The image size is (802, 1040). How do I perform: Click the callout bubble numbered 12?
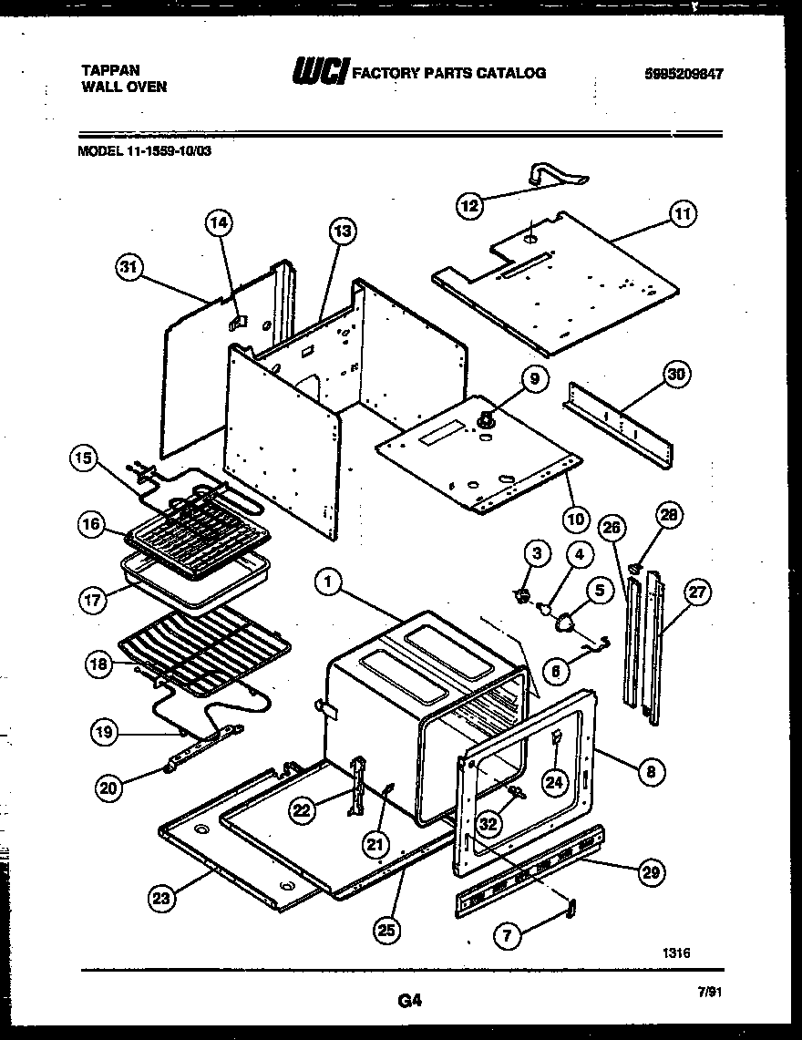(469, 205)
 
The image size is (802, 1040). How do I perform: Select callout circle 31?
(131, 267)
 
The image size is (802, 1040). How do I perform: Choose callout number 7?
(509, 933)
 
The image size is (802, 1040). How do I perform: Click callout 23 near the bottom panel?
(161, 899)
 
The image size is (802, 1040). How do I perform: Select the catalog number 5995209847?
(677, 75)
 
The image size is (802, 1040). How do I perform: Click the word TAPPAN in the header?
(105, 68)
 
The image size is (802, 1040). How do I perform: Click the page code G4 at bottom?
(409, 1002)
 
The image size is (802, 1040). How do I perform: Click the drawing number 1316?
(676, 952)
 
